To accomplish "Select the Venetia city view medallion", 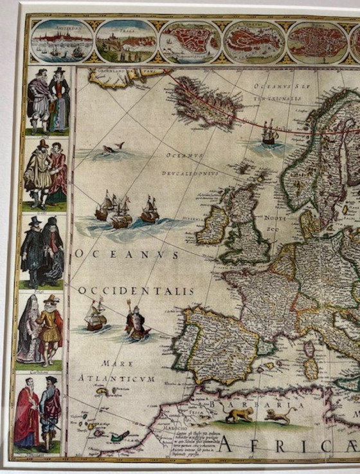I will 253,41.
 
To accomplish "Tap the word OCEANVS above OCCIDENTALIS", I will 127,253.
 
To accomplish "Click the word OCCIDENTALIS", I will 136,291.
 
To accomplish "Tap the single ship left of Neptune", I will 96,316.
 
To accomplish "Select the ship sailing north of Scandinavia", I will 269,133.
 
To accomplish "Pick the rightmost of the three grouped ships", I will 150,210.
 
